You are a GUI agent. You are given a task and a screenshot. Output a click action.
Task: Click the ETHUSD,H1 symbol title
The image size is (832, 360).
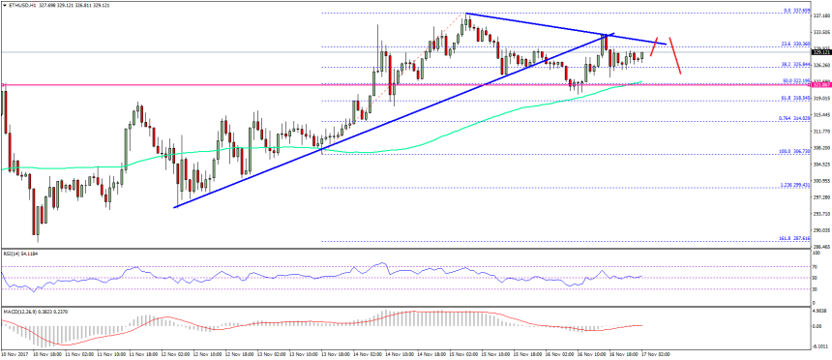pos(20,5)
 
